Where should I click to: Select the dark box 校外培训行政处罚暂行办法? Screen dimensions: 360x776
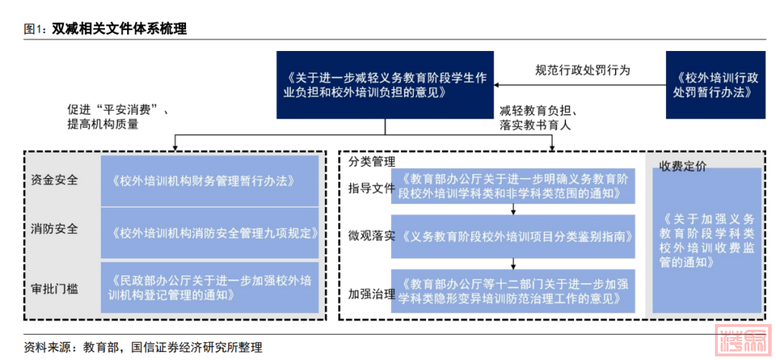(x=715, y=85)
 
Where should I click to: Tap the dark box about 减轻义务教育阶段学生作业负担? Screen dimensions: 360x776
(x=385, y=85)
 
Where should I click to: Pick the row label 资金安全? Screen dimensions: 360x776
(x=55, y=180)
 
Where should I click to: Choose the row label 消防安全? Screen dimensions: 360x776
(x=55, y=230)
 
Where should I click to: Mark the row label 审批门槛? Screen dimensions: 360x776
(x=55, y=289)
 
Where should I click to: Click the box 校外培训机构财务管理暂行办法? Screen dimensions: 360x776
(x=210, y=180)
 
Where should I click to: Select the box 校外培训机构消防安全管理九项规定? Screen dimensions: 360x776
(x=210, y=233)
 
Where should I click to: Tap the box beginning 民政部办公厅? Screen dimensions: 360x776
(x=210, y=287)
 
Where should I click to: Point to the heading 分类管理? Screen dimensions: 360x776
(x=371, y=162)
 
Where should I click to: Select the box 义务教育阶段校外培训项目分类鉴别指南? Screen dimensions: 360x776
(x=513, y=236)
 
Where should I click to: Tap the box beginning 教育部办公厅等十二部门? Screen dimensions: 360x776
(x=513, y=290)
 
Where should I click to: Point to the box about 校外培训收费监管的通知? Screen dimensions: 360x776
(x=706, y=240)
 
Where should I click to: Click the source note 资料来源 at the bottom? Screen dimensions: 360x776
(x=143, y=347)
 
